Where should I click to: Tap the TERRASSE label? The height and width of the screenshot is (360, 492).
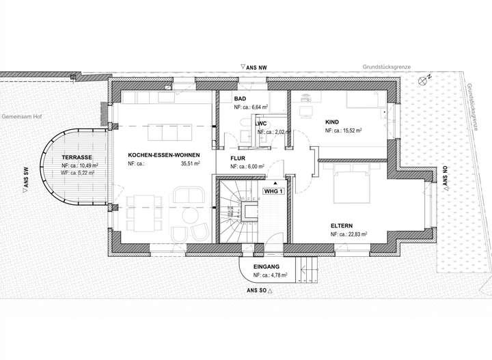coord(77,158)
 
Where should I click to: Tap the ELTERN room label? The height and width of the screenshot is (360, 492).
coord(343,225)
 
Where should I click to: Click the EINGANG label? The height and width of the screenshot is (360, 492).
coord(266,267)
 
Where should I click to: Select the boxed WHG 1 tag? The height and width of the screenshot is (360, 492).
coord(273,191)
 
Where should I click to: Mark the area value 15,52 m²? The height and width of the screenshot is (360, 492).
coord(351,130)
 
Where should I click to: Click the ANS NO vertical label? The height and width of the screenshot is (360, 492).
coord(445,178)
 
